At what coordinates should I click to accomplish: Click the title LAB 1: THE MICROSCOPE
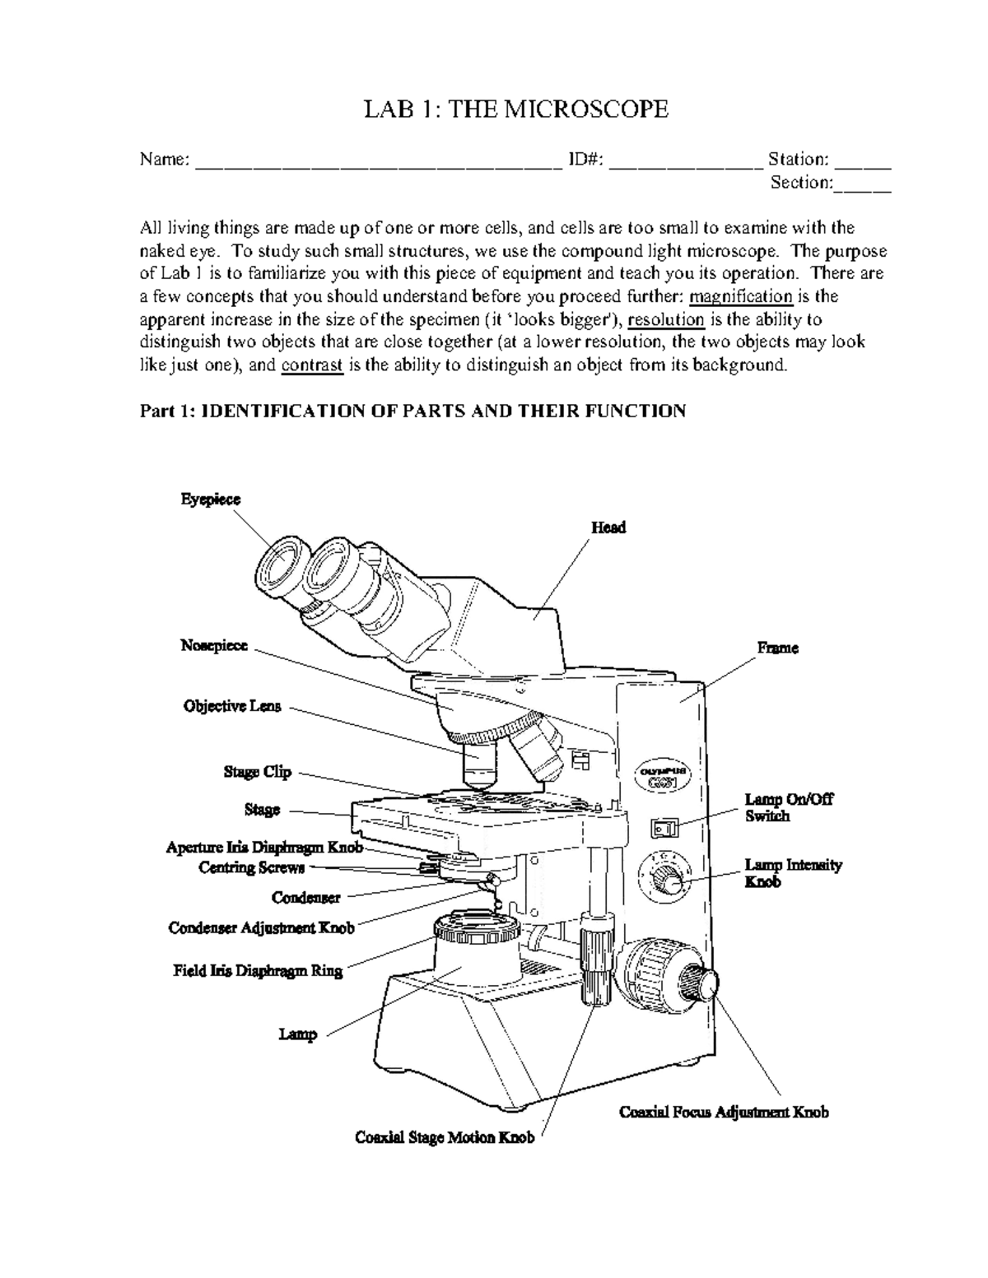(516, 109)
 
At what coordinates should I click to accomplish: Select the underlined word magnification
(740, 296)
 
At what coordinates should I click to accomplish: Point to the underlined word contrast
(312, 365)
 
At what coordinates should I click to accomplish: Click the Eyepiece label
(211, 500)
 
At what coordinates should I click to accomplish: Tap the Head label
(608, 527)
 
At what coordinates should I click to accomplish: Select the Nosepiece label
(214, 646)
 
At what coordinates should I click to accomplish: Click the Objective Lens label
(232, 706)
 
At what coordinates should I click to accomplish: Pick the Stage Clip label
(258, 772)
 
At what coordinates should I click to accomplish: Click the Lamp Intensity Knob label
(793, 873)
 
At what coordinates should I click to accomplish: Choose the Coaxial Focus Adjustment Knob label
(724, 1113)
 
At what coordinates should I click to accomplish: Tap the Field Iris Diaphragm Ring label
(258, 970)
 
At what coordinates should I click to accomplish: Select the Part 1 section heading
(412, 411)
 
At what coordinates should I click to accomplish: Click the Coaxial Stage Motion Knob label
(445, 1137)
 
